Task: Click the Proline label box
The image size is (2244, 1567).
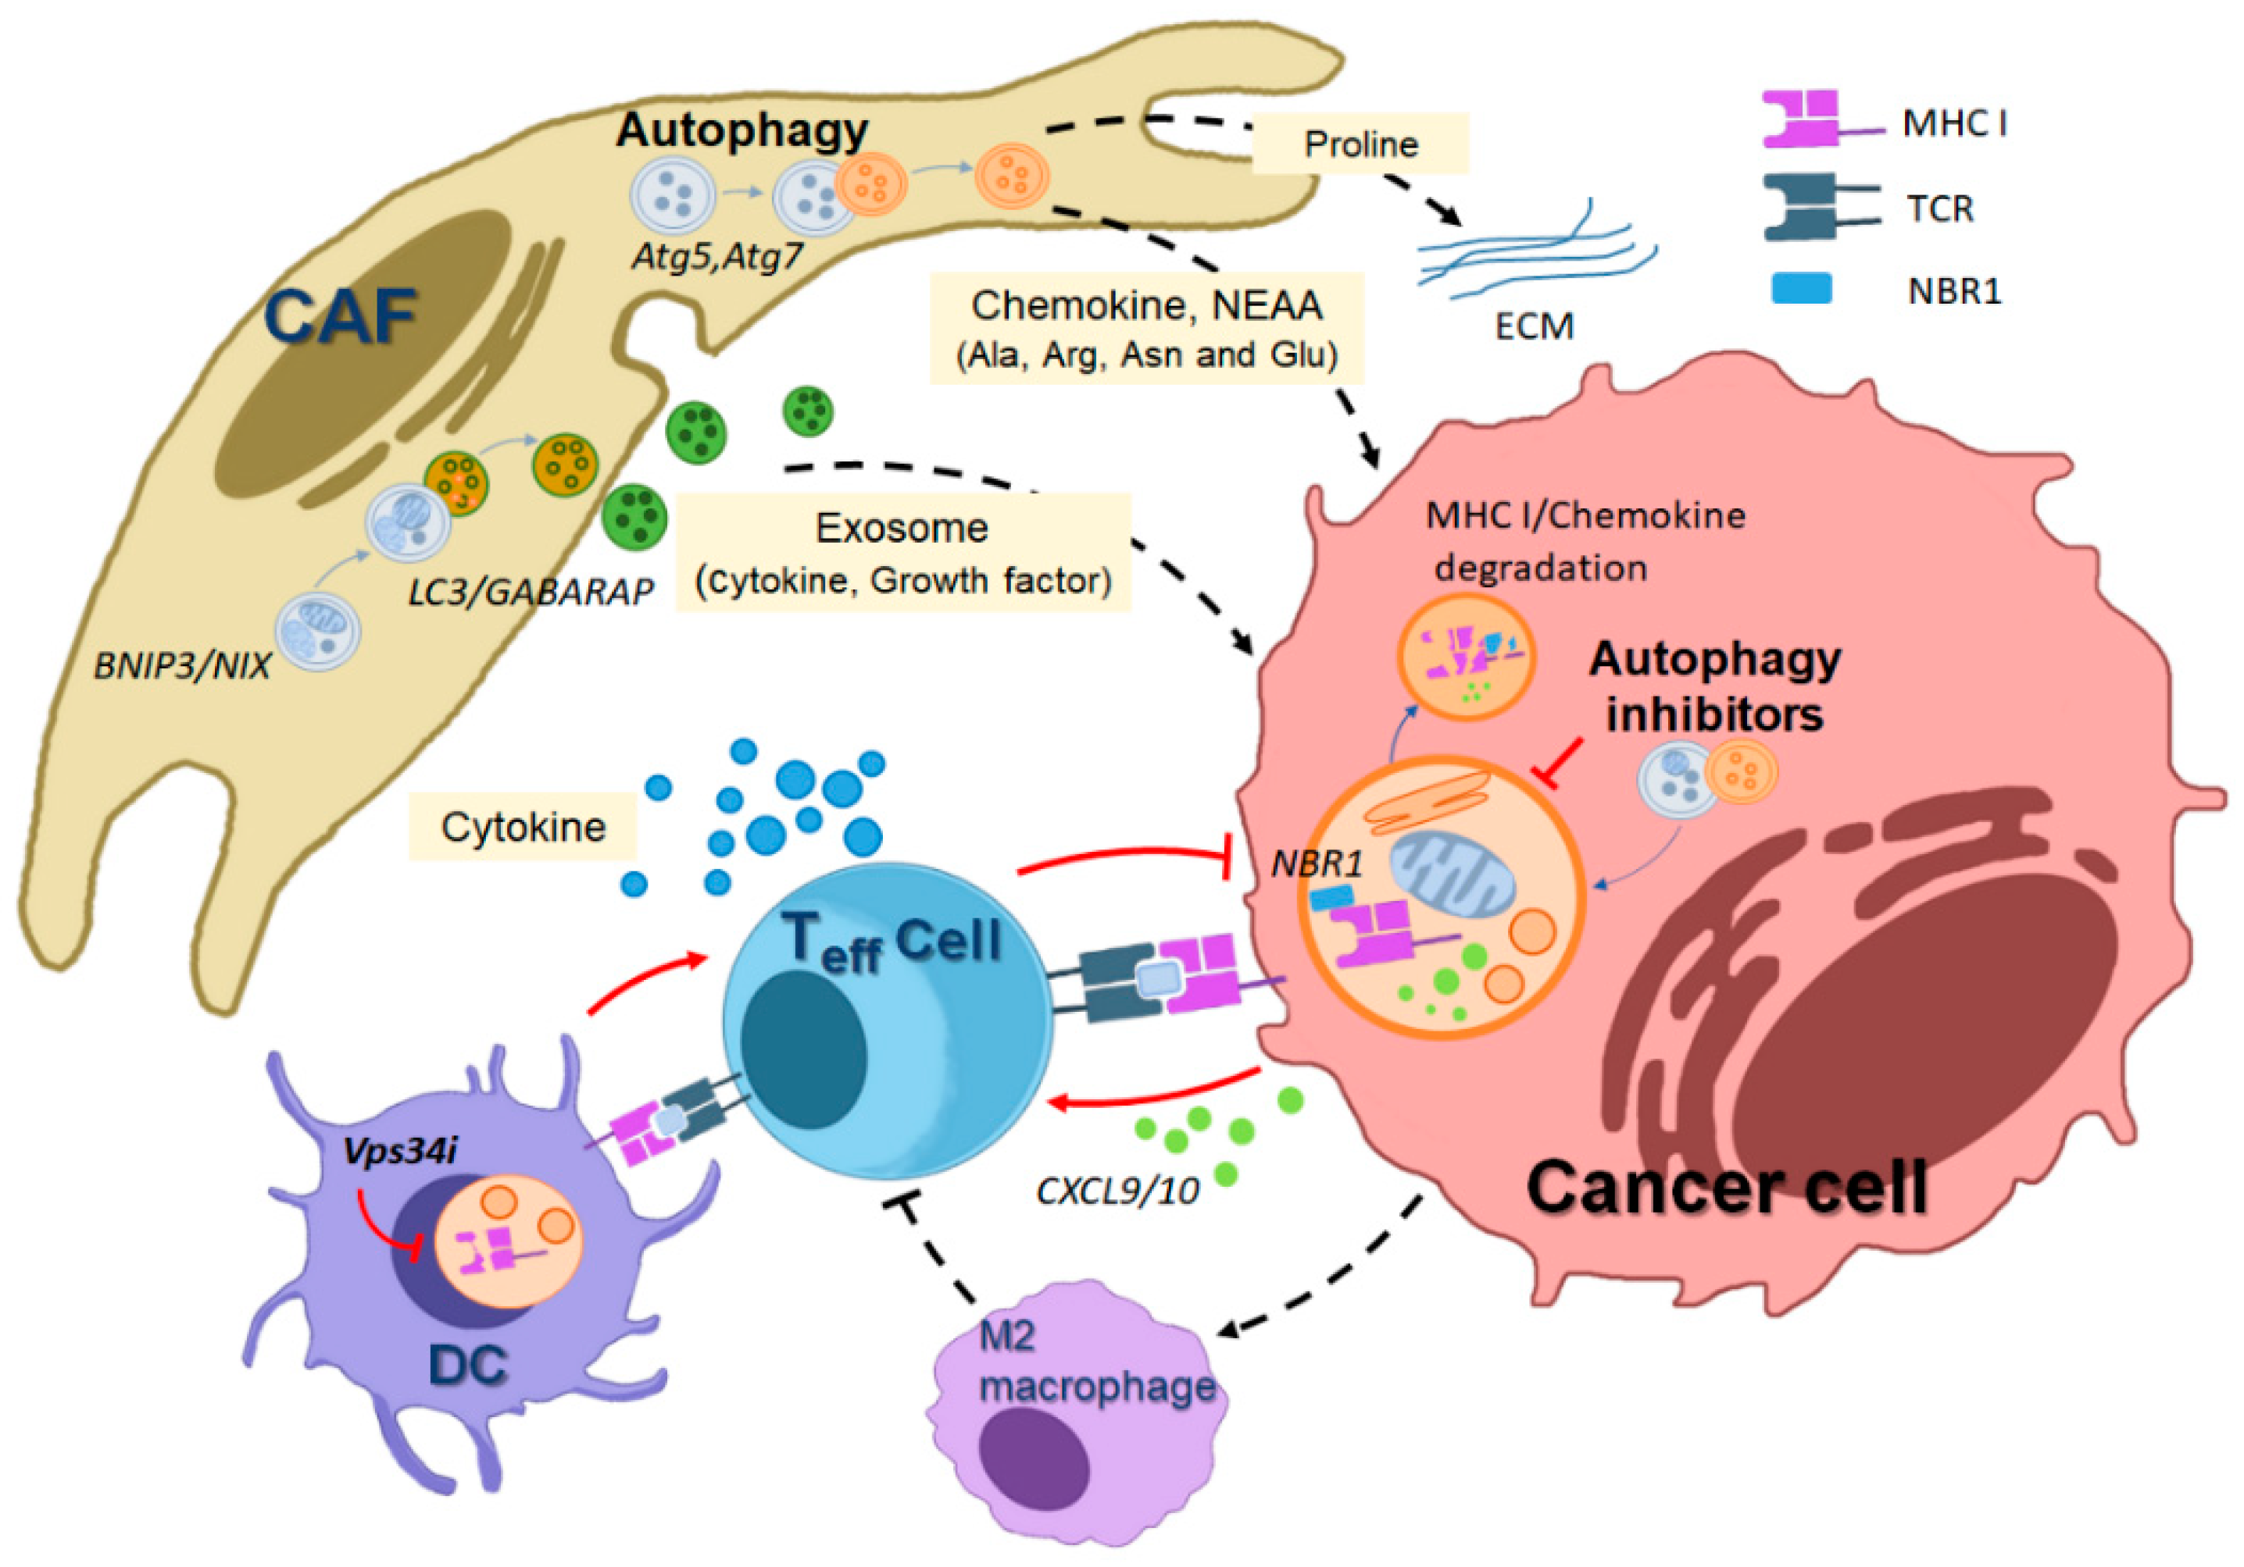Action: tap(1360, 144)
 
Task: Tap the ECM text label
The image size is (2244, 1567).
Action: tap(1535, 326)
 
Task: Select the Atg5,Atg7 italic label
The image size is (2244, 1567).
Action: tap(716, 256)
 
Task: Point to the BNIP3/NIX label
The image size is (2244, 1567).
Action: tap(182, 666)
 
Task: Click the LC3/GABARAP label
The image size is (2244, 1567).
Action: tap(530, 591)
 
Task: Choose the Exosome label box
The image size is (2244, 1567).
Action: tap(903, 553)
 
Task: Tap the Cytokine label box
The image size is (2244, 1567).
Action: tap(523, 828)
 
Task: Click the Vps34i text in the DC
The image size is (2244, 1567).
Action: tap(400, 1151)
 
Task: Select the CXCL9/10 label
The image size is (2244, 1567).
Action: tap(1117, 1191)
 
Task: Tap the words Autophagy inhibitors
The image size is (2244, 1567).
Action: tap(1714, 687)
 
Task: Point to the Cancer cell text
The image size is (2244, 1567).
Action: tap(1726, 1187)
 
